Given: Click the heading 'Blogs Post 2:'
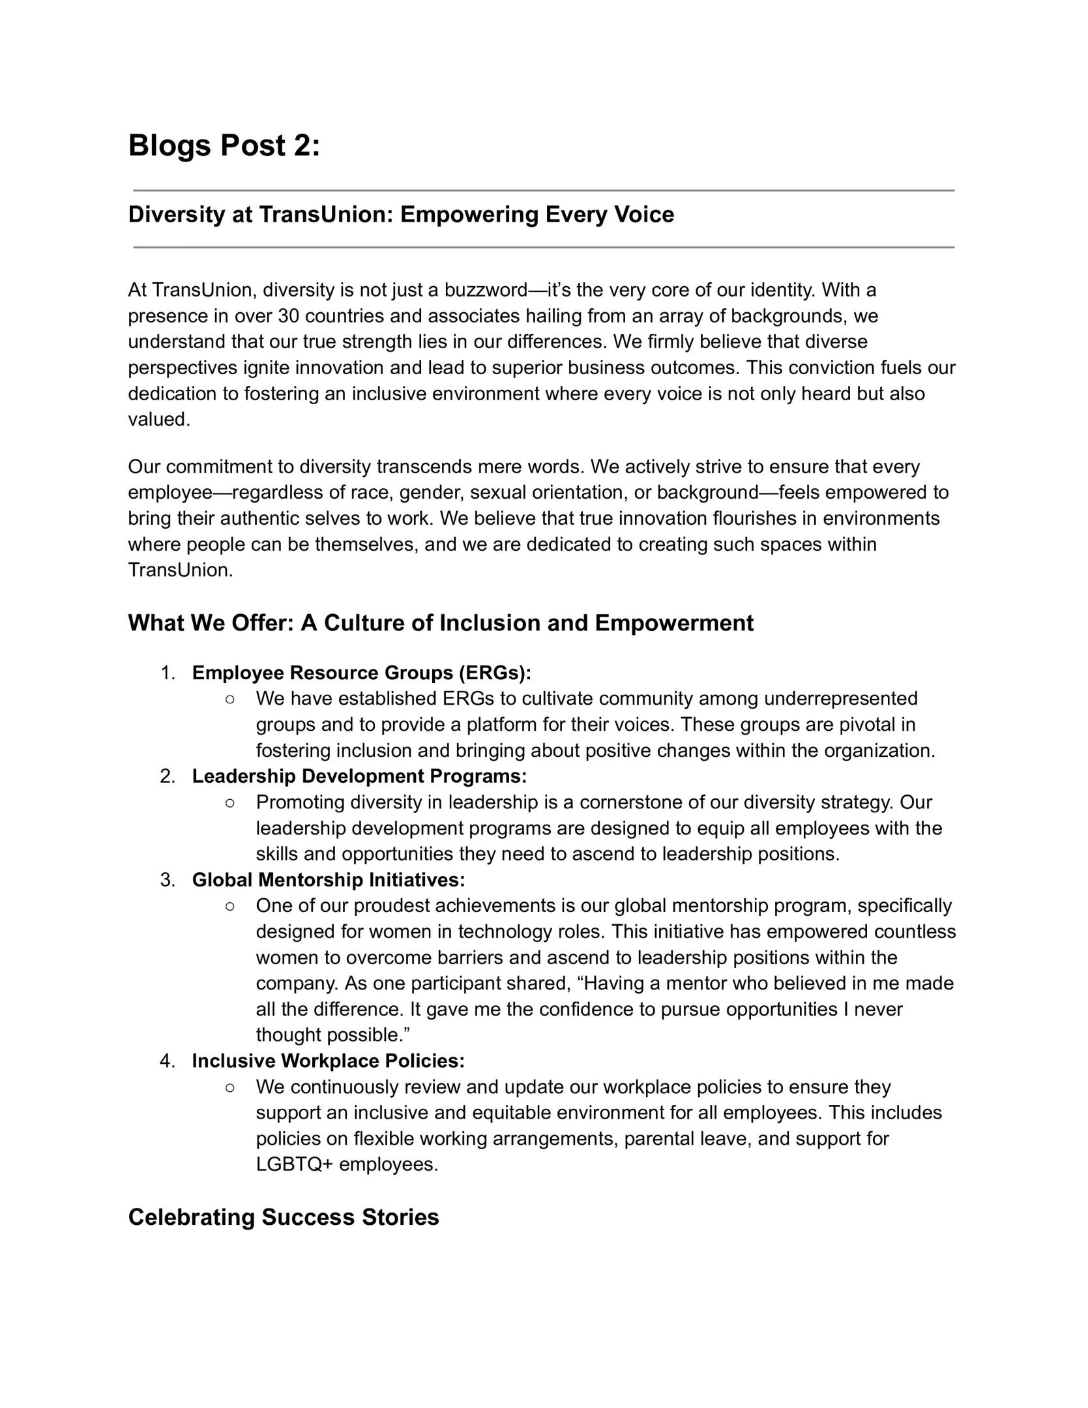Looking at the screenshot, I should tap(224, 145).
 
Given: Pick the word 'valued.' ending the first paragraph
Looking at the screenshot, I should tap(159, 420).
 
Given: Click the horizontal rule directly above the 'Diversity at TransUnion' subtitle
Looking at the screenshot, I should tap(544, 190).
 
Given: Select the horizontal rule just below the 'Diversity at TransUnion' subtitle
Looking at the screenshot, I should tap(544, 248).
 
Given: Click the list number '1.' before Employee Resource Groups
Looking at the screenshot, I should tap(168, 673).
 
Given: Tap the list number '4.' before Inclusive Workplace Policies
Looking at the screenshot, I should tap(168, 1061).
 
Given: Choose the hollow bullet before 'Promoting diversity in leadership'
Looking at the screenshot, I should tap(229, 802).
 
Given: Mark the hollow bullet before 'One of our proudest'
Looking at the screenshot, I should tap(229, 906).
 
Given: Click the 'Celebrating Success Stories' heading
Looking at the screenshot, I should tap(284, 1217).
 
